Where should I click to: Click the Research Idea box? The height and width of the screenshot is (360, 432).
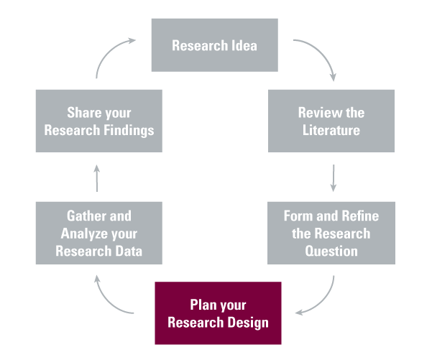(x=215, y=46)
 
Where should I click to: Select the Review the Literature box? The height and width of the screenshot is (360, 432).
(x=331, y=121)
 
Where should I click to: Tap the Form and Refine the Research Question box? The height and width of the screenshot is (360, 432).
(x=331, y=233)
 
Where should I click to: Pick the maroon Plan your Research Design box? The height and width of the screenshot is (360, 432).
(x=218, y=313)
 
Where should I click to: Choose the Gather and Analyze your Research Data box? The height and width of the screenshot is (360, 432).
(x=99, y=233)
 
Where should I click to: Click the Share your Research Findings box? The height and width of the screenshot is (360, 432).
(x=99, y=121)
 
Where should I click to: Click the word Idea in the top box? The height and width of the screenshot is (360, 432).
(x=244, y=46)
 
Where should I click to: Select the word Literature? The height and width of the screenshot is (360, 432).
(x=331, y=131)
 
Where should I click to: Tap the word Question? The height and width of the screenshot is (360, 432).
(x=331, y=251)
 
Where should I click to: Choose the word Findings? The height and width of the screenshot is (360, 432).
(x=129, y=131)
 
